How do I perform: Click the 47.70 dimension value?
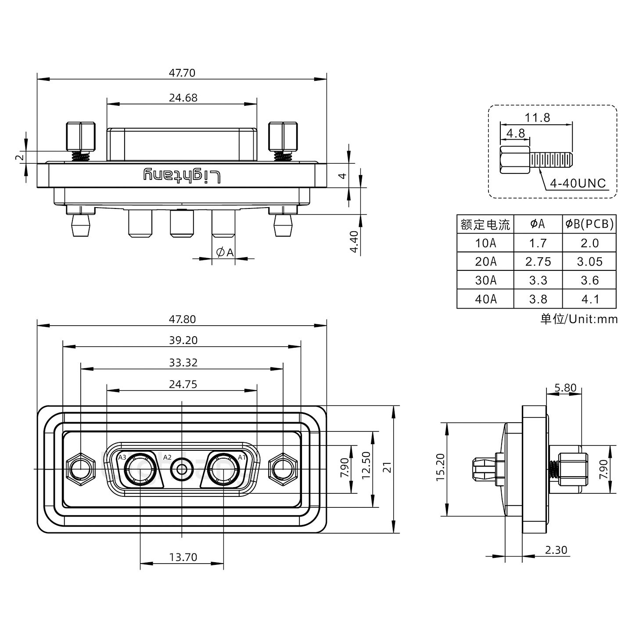pos(182,73)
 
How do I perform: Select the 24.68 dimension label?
pos(183,98)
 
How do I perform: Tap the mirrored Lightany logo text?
pos(182,176)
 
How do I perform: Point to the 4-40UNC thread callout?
pos(578,183)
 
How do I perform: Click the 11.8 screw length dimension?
pos(537,118)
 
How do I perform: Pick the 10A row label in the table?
pos(485,243)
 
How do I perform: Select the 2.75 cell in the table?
pos(538,262)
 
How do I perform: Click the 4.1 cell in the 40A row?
pos(589,299)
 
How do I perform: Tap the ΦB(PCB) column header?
pos(589,224)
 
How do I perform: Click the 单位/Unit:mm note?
pos(578,319)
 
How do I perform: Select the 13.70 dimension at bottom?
pos(183,557)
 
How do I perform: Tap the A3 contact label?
pos(122,457)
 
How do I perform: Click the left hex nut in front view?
pos(80,470)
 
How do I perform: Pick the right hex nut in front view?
pos(283,470)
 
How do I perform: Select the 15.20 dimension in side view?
pos(441,467)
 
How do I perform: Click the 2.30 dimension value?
pos(556,550)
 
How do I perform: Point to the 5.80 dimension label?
pos(565,388)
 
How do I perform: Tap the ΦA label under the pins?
pos(225,252)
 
